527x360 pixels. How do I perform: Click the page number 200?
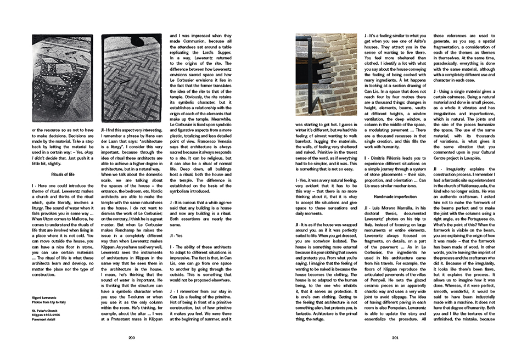coord(131,338)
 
